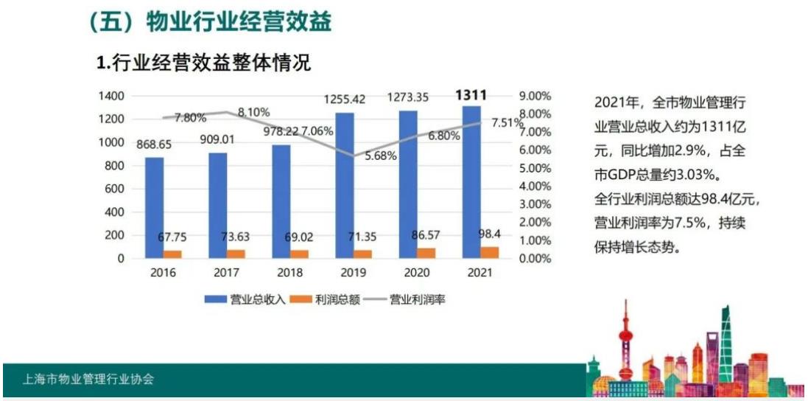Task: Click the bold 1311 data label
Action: [x=471, y=95]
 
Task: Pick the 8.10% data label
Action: [x=254, y=112]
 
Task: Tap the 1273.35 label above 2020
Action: [x=408, y=97]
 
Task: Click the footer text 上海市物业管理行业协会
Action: [x=88, y=380]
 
